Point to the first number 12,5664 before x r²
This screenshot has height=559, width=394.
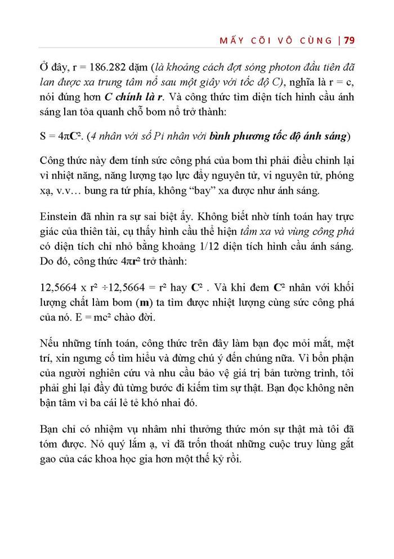[60, 288]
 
